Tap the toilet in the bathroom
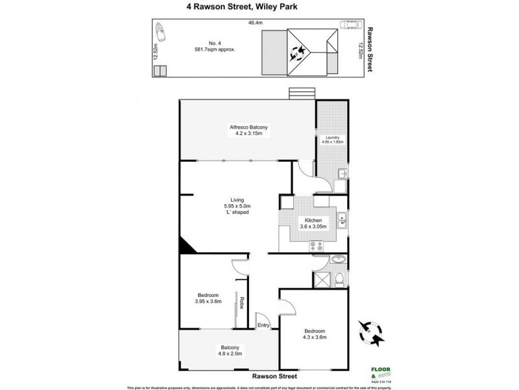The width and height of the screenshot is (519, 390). click(340, 280)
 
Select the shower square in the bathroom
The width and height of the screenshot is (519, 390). click(321, 279)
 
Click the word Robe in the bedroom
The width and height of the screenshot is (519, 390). click(241, 302)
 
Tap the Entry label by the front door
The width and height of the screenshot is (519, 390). click(263, 326)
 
